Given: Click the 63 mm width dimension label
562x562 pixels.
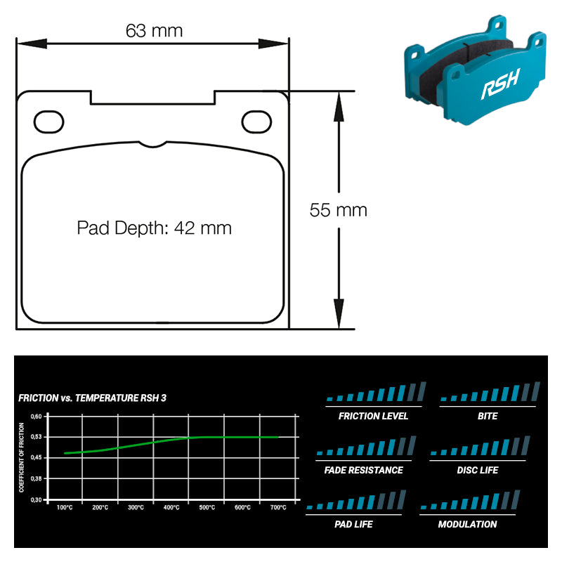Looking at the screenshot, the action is [x=154, y=31].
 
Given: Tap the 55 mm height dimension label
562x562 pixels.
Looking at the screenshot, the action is [x=339, y=210].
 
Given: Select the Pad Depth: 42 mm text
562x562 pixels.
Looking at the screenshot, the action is [x=154, y=228].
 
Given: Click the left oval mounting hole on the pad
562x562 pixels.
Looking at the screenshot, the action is [x=48, y=122].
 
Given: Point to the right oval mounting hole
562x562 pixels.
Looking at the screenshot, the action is [x=256, y=122].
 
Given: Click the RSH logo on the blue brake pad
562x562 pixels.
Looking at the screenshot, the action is [x=500, y=84].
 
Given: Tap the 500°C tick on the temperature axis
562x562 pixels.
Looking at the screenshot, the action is [x=207, y=507].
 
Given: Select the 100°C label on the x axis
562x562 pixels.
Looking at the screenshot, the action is [x=65, y=507].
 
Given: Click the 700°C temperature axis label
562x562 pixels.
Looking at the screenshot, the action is [x=278, y=507].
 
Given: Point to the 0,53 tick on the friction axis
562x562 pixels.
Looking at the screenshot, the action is [x=36, y=437].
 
